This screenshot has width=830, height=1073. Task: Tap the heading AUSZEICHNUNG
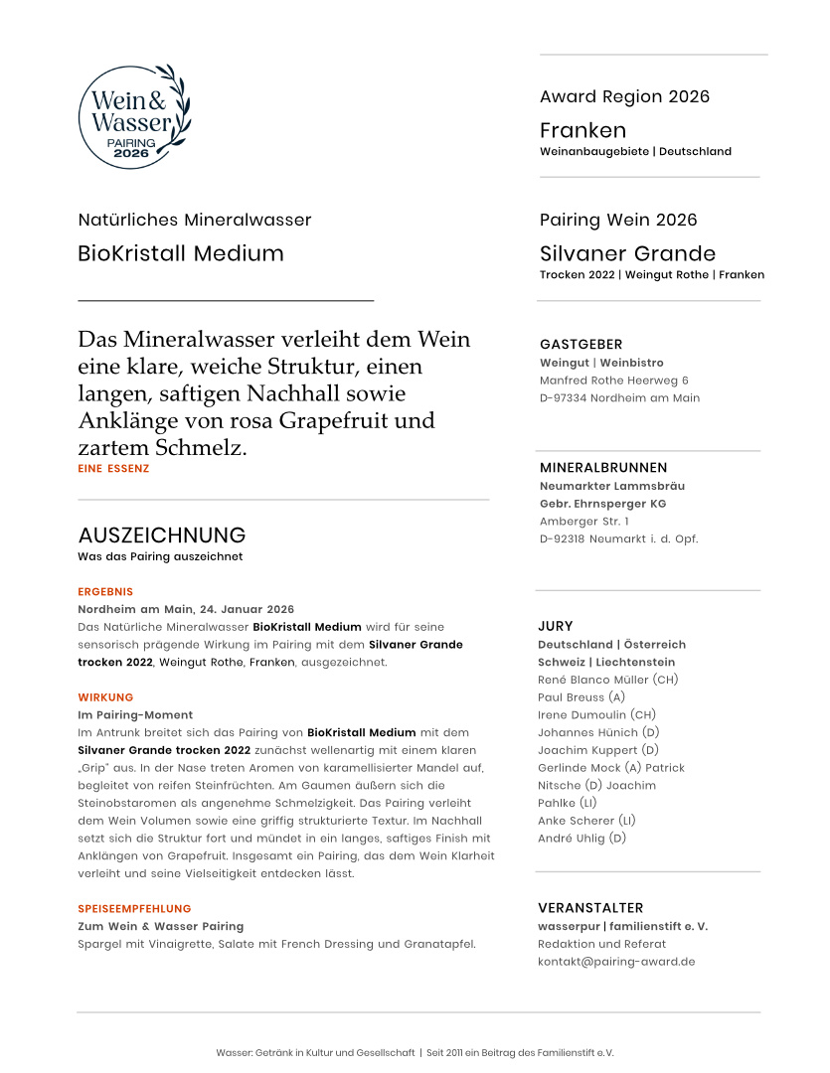pos(161,536)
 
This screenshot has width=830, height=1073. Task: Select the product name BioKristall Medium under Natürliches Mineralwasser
pos(180,253)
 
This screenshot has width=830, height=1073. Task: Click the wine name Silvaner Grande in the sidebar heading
pos(627,253)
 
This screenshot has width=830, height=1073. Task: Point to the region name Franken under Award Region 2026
pos(582,130)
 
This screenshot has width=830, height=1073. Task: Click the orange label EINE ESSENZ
pos(113,468)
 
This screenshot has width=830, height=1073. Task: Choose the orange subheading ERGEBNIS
pos(105,591)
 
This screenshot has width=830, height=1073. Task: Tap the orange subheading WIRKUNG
pos(105,697)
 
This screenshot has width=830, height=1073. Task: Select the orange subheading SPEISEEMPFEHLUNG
pos(134,909)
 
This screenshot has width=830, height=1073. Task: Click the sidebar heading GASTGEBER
pos(581,345)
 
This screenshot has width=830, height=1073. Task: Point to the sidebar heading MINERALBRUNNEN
pos(603,467)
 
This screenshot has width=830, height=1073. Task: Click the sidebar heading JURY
pos(556,626)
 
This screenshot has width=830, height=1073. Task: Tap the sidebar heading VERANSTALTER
pos(590,908)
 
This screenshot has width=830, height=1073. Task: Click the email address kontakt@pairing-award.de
pos(616,962)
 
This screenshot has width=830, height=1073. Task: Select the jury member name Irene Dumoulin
pos(582,715)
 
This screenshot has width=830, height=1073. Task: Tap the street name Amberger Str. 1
pos(584,522)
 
